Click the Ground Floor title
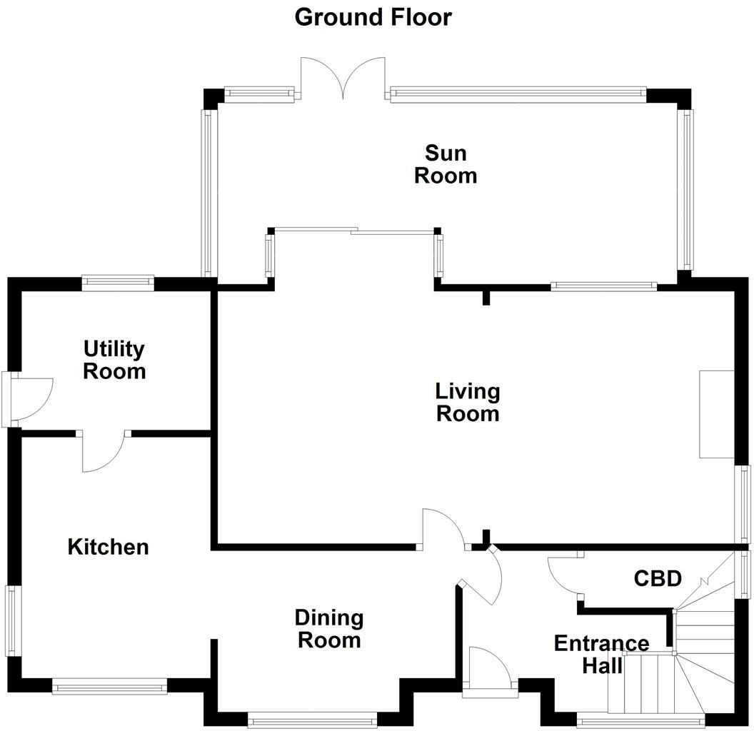click(x=373, y=17)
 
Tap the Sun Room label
click(x=446, y=164)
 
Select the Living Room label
click(x=468, y=402)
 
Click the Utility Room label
click(x=114, y=360)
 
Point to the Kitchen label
click(x=109, y=548)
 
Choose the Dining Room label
click(x=329, y=628)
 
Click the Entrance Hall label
click(x=601, y=654)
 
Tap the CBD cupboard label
click(x=658, y=578)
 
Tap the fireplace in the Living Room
click(x=716, y=414)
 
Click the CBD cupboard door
click(x=564, y=575)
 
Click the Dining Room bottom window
click(x=313, y=720)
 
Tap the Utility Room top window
click(x=118, y=283)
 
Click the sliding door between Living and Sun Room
click(x=354, y=231)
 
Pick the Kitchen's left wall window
click(x=13, y=620)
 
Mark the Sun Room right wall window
click(x=686, y=189)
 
